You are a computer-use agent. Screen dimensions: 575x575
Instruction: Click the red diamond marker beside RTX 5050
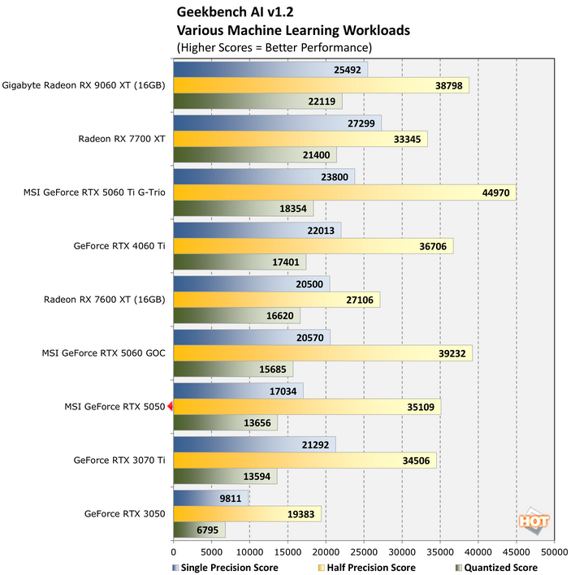(x=171, y=407)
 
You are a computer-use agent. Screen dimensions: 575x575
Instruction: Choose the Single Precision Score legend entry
(x=226, y=568)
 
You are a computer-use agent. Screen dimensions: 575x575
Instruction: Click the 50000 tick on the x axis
(x=554, y=551)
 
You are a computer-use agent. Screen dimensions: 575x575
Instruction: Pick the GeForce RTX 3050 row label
(x=124, y=514)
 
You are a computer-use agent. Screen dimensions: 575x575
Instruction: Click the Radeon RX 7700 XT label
(x=122, y=139)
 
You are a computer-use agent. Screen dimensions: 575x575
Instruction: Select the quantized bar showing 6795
(x=199, y=530)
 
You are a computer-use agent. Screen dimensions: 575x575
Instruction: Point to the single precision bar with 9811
(x=211, y=498)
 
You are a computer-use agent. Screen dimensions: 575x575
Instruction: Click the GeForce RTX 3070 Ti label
(x=119, y=460)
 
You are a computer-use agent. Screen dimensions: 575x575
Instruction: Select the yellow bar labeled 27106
(x=276, y=300)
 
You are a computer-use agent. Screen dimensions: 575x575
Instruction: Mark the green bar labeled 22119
(x=257, y=101)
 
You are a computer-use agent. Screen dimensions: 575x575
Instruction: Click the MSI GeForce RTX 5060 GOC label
(x=103, y=353)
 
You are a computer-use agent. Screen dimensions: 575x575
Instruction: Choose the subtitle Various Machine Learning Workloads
(x=293, y=31)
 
